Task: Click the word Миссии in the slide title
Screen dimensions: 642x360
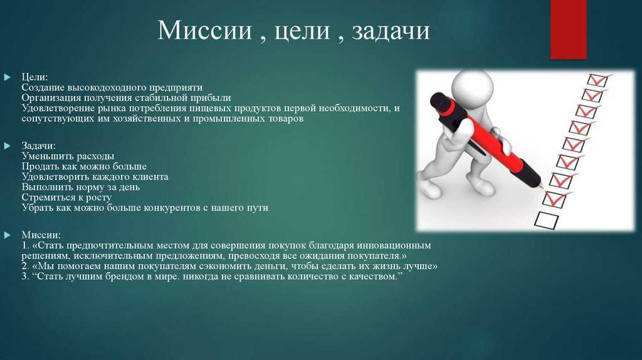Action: click(x=204, y=30)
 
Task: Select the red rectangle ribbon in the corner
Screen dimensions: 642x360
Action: click(x=568, y=29)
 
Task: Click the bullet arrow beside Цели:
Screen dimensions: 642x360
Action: click(x=7, y=77)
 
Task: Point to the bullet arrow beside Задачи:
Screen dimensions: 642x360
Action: click(x=7, y=146)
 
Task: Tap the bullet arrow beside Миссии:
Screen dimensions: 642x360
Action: click(x=7, y=235)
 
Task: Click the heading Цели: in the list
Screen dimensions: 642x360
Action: click(x=34, y=77)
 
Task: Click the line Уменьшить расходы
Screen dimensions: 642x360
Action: click(x=68, y=156)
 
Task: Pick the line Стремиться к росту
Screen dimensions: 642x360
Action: click(x=66, y=198)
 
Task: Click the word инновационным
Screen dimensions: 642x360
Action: click(x=394, y=245)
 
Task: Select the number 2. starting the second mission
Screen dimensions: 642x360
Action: click(x=25, y=266)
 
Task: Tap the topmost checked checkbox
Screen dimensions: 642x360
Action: click(x=597, y=80)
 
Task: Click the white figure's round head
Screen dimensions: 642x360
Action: click(x=472, y=87)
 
